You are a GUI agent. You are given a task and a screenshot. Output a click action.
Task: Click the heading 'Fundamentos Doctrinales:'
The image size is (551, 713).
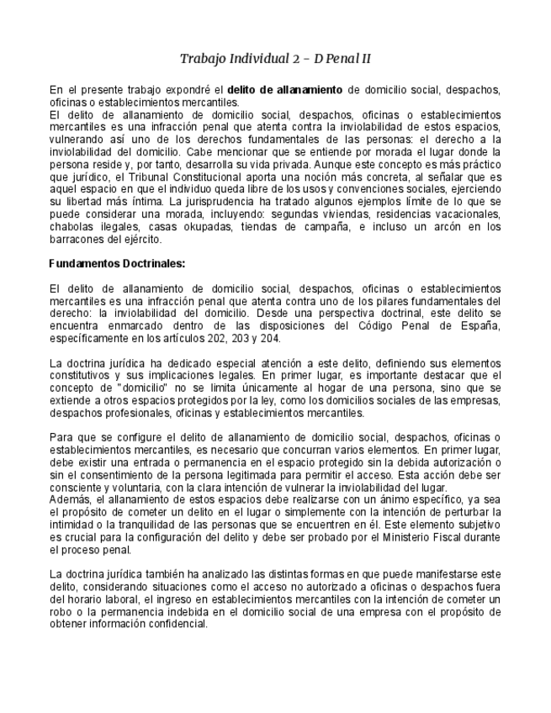(117, 263)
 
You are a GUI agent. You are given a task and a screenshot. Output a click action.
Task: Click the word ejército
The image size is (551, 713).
(139, 239)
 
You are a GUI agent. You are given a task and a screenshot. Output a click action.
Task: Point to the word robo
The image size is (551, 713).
(61, 612)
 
